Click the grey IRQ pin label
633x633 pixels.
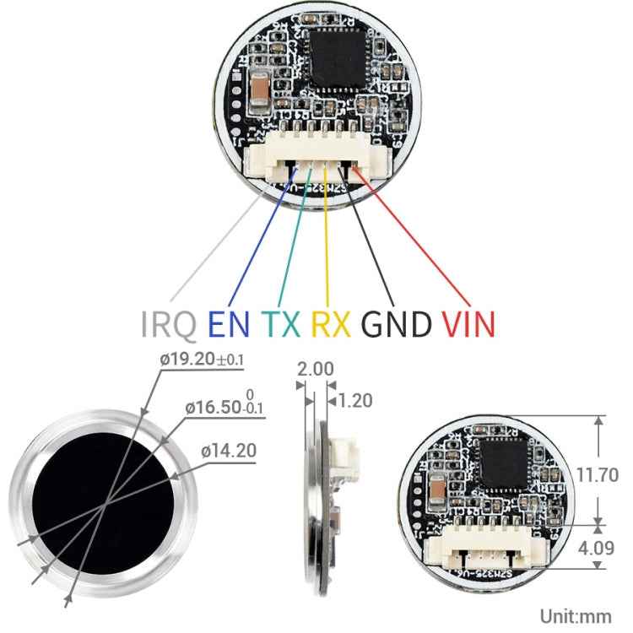(169, 323)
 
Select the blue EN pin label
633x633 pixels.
(230, 323)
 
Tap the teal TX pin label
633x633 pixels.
(281, 323)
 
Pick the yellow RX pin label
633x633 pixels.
(331, 323)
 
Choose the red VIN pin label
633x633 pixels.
(467, 323)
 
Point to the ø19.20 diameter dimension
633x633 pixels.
(201, 360)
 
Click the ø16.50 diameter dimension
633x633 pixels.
(224, 408)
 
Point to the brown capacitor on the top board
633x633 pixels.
(260, 92)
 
